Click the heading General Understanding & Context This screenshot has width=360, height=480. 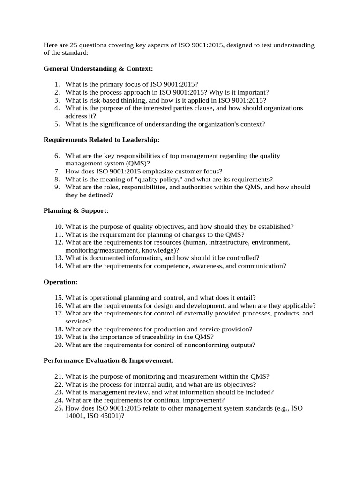[x=98, y=69]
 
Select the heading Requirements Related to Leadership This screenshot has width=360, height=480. [x=101, y=140]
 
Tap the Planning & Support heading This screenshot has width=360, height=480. [x=76, y=210]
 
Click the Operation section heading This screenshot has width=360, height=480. [x=60, y=282]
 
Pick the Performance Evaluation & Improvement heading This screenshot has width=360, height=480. [x=108, y=360]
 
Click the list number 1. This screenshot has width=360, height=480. [x=56, y=84]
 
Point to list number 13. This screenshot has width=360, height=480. [x=58, y=258]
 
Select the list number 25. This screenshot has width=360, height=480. [x=58, y=408]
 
